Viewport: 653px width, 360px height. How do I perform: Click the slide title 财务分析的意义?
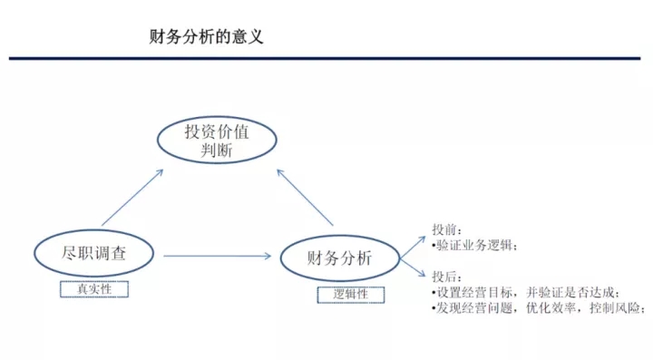pos(206,36)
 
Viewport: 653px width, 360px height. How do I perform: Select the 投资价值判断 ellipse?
pos(217,117)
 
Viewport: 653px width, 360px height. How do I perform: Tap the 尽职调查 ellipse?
pos(93,230)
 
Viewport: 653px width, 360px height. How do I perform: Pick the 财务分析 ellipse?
pos(340,236)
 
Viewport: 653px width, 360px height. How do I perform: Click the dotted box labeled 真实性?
pos(94,282)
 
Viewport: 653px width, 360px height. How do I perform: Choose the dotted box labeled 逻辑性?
pos(351,287)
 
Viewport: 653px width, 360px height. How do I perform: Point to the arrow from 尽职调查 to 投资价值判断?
pos(132,198)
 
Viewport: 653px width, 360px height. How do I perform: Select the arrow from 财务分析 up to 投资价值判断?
pos(305,198)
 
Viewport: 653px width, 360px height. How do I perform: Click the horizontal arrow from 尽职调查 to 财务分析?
pos(218,256)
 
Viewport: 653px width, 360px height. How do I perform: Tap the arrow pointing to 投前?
pos(413,248)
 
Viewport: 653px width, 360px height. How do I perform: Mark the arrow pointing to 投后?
pos(413,268)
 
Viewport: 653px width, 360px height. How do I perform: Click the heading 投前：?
pos(447,229)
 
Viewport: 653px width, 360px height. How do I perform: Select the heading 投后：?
pos(447,277)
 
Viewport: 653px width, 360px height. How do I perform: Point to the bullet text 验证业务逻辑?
pos(474,246)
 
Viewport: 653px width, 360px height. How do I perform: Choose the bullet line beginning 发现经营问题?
pos(539,308)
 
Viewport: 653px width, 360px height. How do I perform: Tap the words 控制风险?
pos(615,308)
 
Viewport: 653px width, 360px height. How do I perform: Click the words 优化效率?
pos(551,308)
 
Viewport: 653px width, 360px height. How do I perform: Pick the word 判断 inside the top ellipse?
pos(216,151)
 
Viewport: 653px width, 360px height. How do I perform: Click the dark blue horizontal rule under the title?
pos(325,58)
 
